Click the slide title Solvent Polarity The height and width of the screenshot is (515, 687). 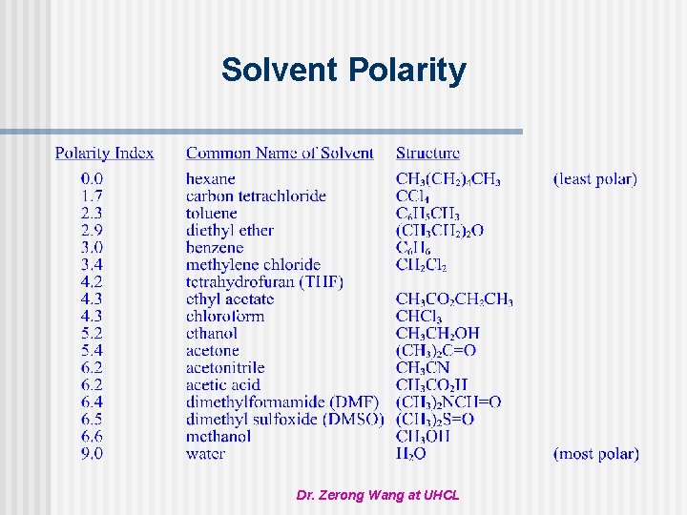click(x=343, y=70)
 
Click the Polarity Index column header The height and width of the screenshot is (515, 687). click(x=104, y=153)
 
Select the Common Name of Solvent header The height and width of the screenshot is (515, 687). click(x=280, y=153)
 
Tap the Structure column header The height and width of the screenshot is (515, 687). click(x=427, y=153)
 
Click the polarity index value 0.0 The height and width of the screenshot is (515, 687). click(x=93, y=178)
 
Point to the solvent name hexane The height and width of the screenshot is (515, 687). click(x=210, y=178)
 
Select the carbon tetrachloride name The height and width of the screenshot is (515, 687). click(x=256, y=196)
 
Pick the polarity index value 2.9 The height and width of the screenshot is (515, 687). click(x=93, y=230)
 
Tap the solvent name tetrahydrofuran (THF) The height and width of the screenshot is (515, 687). click(x=264, y=281)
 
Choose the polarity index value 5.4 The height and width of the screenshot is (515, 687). click(x=93, y=350)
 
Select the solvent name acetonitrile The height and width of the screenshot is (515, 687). click(x=225, y=367)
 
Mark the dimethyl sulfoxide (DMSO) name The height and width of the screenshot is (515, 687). click(x=284, y=419)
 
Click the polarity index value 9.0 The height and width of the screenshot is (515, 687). click(x=93, y=453)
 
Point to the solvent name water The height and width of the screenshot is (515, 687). click(x=205, y=453)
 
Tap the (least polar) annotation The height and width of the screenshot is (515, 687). click(x=595, y=178)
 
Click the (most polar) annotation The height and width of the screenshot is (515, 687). click(x=596, y=453)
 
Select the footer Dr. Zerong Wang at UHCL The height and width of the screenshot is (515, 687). click(x=378, y=496)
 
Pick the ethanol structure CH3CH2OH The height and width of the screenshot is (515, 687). click(x=438, y=333)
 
